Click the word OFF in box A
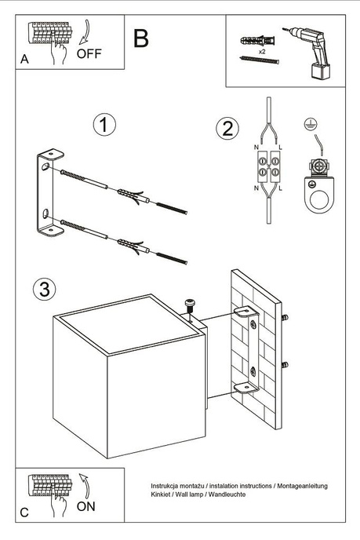click(89, 54)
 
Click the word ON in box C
click(87, 507)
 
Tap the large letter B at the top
click(141, 38)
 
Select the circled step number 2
click(227, 129)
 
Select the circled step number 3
click(45, 289)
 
